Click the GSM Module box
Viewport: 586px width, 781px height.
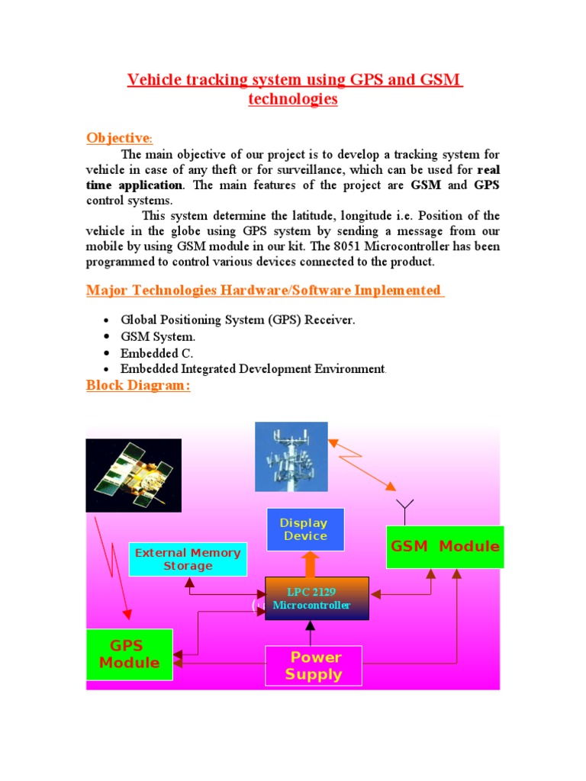pos(445,547)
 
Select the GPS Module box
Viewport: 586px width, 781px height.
pos(129,654)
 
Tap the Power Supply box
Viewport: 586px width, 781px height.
pos(313,666)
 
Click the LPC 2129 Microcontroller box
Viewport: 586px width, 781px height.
pos(317,599)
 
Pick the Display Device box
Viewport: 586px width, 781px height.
pos(304,529)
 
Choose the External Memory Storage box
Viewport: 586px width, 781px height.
pos(188,559)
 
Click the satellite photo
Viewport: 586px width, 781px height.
pos(134,474)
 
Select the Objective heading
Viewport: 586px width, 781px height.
pos(119,138)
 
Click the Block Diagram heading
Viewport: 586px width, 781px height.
pos(138,385)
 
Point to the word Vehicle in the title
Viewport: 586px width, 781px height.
pos(154,80)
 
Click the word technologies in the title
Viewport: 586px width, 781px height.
pos(293,99)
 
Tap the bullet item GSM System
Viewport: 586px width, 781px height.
pos(158,336)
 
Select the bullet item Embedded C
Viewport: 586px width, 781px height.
pos(156,353)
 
